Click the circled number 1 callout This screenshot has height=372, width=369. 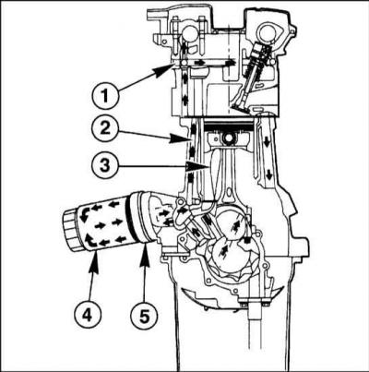(x=105, y=96)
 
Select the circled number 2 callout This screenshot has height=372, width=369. (x=105, y=127)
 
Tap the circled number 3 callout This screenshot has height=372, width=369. (x=105, y=166)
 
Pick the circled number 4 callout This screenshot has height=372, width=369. (x=88, y=315)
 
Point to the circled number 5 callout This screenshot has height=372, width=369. (x=144, y=316)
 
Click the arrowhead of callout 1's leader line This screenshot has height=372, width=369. (x=165, y=70)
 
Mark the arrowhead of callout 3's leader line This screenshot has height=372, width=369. (x=201, y=166)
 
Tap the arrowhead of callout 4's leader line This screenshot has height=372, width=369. (x=94, y=259)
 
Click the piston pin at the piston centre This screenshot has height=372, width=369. (x=229, y=138)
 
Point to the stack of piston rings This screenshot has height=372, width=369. (x=229, y=126)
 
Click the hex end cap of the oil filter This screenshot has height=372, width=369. (x=70, y=229)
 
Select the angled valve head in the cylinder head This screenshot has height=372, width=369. (x=242, y=107)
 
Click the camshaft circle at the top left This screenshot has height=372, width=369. (x=190, y=32)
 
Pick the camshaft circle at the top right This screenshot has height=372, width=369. (x=267, y=32)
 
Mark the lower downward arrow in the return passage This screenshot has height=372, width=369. (x=269, y=175)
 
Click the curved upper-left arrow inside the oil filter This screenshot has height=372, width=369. (x=83, y=215)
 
